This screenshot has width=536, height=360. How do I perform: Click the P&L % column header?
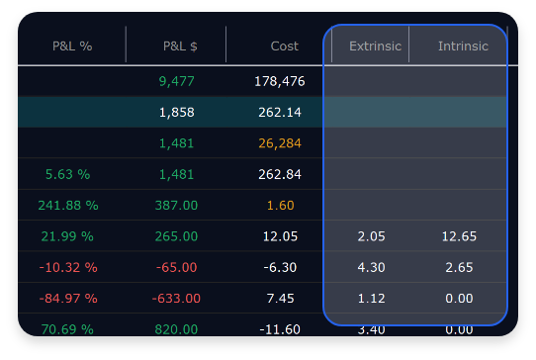point(72,45)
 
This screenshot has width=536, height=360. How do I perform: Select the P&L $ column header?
point(180,45)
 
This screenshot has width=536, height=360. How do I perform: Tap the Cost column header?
point(285,45)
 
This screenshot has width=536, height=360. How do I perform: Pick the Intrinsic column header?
point(463,45)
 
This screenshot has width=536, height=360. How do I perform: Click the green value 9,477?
point(177,81)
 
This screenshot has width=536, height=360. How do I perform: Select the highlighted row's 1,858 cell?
point(177,112)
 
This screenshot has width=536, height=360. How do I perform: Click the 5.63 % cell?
point(67,174)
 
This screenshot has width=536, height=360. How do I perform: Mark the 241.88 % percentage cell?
point(67,205)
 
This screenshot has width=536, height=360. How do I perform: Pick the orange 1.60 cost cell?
point(280,205)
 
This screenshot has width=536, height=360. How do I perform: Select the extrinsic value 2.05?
point(372,236)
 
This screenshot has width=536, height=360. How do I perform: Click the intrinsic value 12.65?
point(459,236)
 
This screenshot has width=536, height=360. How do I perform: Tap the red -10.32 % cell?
point(67,267)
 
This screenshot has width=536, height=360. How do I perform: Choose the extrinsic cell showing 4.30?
point(372,267)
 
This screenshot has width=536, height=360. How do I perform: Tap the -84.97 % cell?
point(67,298)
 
